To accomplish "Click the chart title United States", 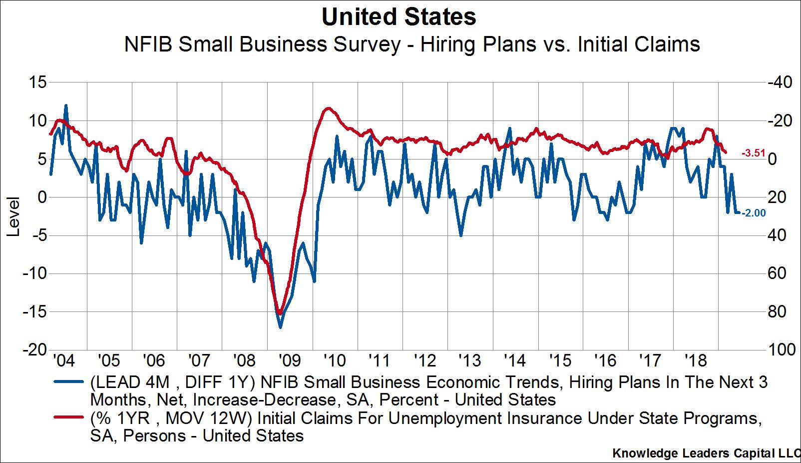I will pos(399,17).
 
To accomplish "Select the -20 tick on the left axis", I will pos(33,349).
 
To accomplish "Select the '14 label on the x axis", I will pos(515,360).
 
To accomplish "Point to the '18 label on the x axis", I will pos(696,360).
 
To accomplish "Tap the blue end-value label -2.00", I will pos(754,213).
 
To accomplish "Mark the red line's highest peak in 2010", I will pos(327,108).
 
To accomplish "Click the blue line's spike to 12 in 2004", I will pos(66,105).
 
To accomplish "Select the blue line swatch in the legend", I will pos(68,382).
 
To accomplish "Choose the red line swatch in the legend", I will pos(68,418).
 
